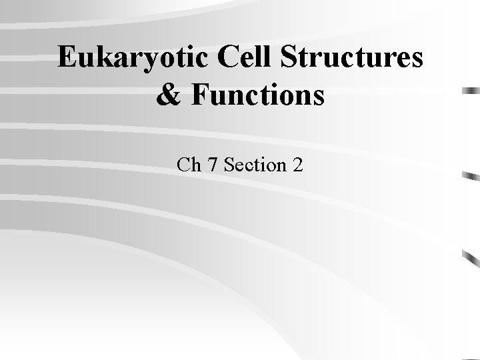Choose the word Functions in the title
(256, 95)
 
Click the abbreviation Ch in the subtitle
(189, 164)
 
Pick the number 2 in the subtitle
(297, 164)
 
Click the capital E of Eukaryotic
(67, 59)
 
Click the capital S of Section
(230, 164)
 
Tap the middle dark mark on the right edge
(471, 177)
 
